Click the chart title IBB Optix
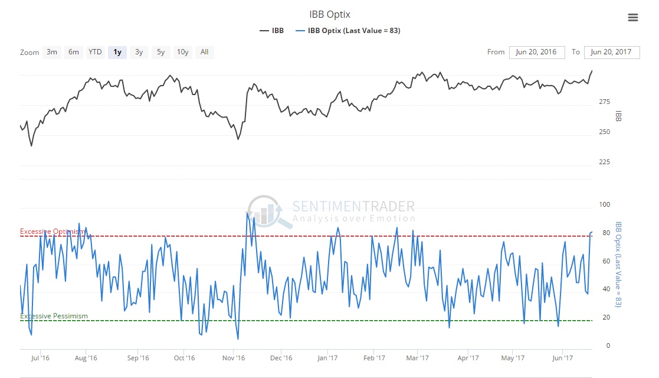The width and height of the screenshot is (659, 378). [329, 14]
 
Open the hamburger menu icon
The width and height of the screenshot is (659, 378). [633, 18]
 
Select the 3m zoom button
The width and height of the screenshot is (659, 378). [52, 52]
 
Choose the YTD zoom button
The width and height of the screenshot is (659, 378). [95, 52]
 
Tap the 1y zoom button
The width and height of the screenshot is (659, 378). [117, 52]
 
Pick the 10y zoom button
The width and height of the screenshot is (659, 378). [183, 52]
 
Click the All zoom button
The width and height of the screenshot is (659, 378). [204, 52]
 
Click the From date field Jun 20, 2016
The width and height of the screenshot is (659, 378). [536, 52]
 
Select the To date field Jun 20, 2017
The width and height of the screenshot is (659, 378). [611, 52]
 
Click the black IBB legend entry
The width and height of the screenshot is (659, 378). [271, 31]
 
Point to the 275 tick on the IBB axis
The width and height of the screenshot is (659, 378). [604, 102]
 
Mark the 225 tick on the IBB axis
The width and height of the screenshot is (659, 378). [604, 162]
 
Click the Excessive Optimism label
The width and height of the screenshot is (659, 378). [53, 232]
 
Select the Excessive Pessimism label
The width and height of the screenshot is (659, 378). [54, 316]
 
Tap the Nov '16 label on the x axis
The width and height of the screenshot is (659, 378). [234, 358]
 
